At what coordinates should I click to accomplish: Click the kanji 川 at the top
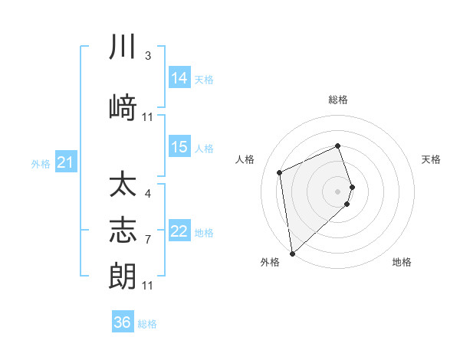click(x=123, y=47)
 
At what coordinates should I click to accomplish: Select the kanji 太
click(x=123, y=186)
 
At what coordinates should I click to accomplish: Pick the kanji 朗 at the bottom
click(x=123, y=274)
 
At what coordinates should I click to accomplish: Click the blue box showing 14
click(x=179, y=77)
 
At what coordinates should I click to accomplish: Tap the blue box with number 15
click(x=179, y=147)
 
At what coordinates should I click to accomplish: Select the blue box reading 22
click(x=179, y=232)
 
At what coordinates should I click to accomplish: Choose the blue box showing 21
click(x=66, y=162)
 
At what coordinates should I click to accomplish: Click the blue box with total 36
click(x=123, y=322)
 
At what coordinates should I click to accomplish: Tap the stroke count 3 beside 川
click(x=148, y=56)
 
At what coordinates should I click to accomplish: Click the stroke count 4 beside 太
click(x=148, y=193)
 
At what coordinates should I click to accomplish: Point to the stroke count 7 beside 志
click(x=148, y=240)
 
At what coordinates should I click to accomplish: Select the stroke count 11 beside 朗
click(x=148, y=286)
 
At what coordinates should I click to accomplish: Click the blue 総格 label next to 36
click(x=148, y=324)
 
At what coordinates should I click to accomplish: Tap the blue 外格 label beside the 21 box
click(x=41, y=163)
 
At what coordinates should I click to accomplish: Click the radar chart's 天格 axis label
click(x=432, y=159)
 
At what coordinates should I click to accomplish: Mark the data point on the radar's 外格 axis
click(x=292, y=253)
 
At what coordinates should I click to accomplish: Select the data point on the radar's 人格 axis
click(x=280, y=172)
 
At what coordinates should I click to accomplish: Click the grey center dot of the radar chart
click(x=338, y=191)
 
